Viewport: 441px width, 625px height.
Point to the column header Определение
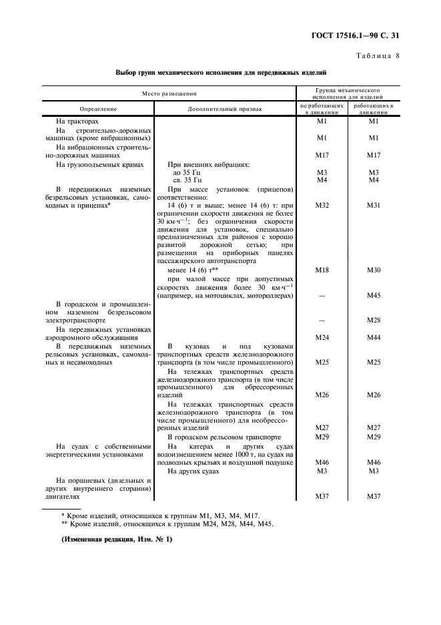[x=98, y=108]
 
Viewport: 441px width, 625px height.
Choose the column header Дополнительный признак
[x=225, y=108]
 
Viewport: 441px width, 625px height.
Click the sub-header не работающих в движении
[x=322, y=108]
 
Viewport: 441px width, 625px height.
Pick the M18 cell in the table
[x=322, y=270]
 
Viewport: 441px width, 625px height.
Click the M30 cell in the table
[x=373, y=270]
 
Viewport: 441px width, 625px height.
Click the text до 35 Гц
[x=190, y=172]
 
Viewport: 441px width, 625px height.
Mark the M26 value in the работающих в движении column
[x=373, y=395]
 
